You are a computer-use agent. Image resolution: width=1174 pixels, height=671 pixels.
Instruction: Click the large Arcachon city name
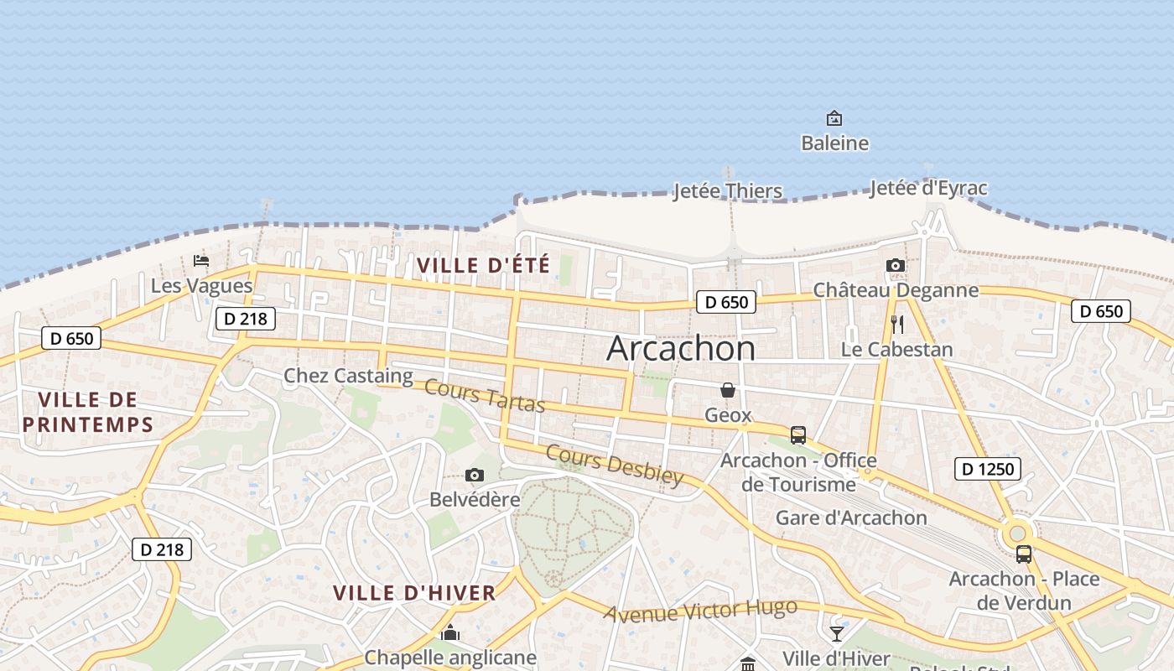[680, 348]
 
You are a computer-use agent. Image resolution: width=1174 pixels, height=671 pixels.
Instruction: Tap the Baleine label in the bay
[834, 143]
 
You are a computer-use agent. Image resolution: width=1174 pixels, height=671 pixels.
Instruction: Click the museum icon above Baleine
[834, 118]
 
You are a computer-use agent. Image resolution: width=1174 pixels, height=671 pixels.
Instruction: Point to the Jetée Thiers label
[727, 191]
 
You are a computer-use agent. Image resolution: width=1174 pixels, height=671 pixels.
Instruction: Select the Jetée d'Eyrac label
[928, 188]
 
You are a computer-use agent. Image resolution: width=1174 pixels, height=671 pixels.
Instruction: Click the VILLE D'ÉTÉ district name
[483, 266]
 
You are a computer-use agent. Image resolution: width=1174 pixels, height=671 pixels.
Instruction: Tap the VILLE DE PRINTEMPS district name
[88, 412]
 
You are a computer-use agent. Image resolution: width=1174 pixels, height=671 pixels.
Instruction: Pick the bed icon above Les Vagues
[201, 261]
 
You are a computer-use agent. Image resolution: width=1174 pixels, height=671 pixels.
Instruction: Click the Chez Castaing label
[348, 376]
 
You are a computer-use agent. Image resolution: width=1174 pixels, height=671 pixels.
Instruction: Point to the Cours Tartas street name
[485, 396]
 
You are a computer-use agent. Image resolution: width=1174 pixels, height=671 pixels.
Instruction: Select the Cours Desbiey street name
[615, 465]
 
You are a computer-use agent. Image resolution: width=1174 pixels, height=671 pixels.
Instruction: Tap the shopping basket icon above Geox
[728, 390]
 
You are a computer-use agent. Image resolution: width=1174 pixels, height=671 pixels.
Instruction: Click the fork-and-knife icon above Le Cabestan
[897, 325]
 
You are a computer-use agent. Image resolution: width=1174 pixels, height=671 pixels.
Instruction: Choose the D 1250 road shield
[987, 469]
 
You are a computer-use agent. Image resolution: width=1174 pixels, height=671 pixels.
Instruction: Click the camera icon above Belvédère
[475, 476]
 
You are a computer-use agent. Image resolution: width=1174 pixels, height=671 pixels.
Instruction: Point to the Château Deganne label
[896, 290]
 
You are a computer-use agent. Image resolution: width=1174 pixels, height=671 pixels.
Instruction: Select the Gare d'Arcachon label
[851, 518]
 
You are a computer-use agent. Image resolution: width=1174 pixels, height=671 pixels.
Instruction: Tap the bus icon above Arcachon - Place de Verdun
[1024, 554]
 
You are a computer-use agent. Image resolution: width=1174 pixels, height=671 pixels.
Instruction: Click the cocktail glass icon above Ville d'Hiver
[837, 633]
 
